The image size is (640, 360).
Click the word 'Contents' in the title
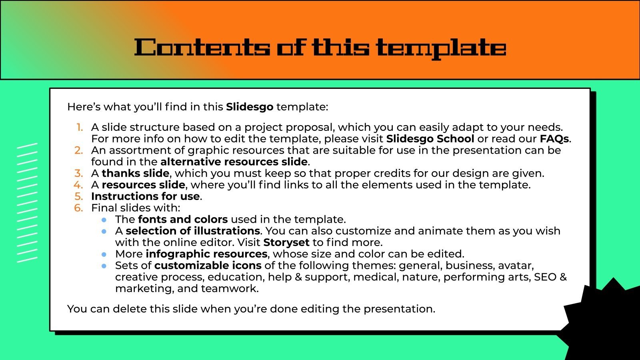202,48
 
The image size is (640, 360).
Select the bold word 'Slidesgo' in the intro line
250,107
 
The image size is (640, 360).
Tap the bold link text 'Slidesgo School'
430,139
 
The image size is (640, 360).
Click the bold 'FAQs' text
554,139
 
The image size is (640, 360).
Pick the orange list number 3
79,173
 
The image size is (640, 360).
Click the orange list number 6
79,208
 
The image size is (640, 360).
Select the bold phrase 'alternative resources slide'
234,162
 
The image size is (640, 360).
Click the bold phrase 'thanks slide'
135,173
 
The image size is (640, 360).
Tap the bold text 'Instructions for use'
146,196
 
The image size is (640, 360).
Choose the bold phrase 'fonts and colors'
183,219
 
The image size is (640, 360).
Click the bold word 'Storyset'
286,242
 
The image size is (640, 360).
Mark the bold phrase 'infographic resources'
206,254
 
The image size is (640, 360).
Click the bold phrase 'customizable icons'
208,266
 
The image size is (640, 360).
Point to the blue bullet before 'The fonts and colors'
104,220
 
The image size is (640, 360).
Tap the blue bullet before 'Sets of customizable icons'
104,266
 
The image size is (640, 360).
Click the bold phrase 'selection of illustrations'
193,231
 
